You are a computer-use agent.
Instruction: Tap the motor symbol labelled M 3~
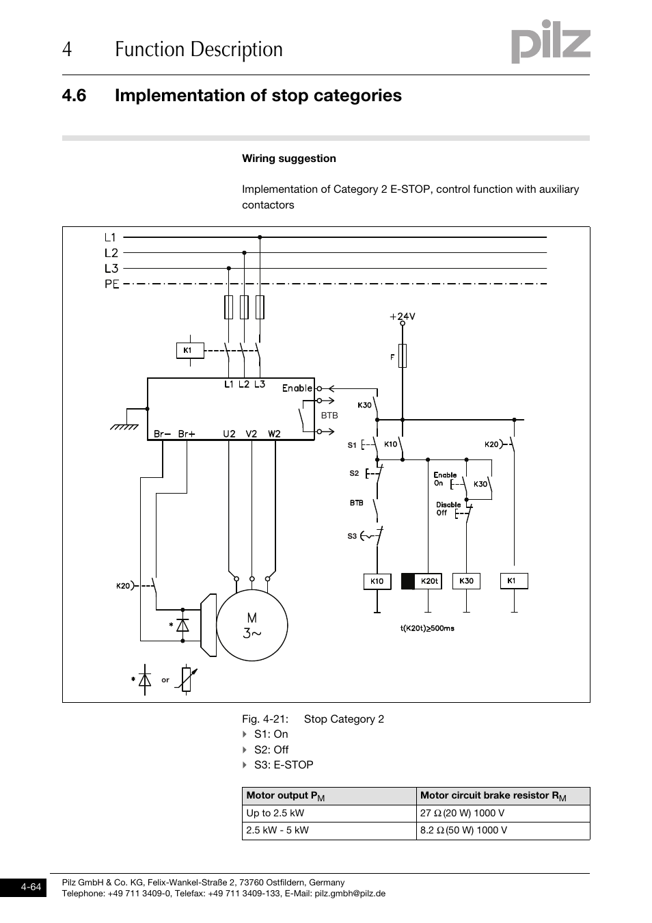click(252, 626)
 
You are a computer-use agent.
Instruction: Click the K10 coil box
click(377, 581)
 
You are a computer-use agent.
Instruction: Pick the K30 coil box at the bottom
click(466, 581)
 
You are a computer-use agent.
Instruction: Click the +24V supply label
click(403, 317)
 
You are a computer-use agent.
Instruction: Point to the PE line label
click(111, 284)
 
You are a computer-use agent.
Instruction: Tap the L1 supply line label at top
click(111, 238)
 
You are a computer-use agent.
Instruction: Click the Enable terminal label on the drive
click(297, 388)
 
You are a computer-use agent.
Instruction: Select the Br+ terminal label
click(187, 433)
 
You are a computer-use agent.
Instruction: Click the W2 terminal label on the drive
click(274, 433)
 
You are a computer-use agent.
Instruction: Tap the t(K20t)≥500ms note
click(427, 628)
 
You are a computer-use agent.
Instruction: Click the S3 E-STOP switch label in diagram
click(352, 536)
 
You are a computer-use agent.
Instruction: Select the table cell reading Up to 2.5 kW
click(329, 814)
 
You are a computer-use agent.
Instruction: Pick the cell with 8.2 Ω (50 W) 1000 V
click(502, 831)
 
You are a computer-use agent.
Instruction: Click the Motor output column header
click(329, 796)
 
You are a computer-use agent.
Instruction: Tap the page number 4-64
click(31, 887)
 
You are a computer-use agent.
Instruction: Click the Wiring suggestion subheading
click(288, 159)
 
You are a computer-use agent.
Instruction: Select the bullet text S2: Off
click(271, 750)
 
